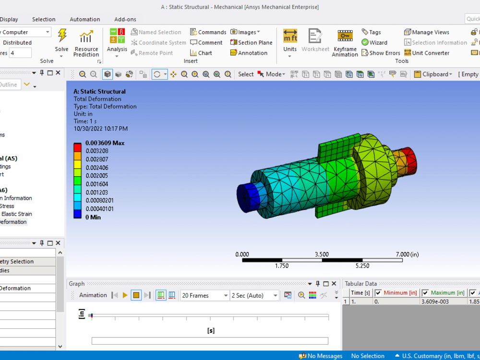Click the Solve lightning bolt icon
click(x=62, y=36)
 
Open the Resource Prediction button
click(x=86, y=44)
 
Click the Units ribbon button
click(x=290, y=41)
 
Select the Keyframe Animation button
click(x=345, y=43)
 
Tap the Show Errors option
click(x=380, y=53)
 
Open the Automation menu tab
click(x=85, y=19)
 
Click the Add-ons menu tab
click(x=125, y=19)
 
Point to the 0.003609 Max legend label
click(x=105, y=143)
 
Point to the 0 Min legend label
click(x=93, y=217)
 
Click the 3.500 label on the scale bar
click(x=322, y=254)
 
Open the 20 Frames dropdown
click(x=204, y=296)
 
